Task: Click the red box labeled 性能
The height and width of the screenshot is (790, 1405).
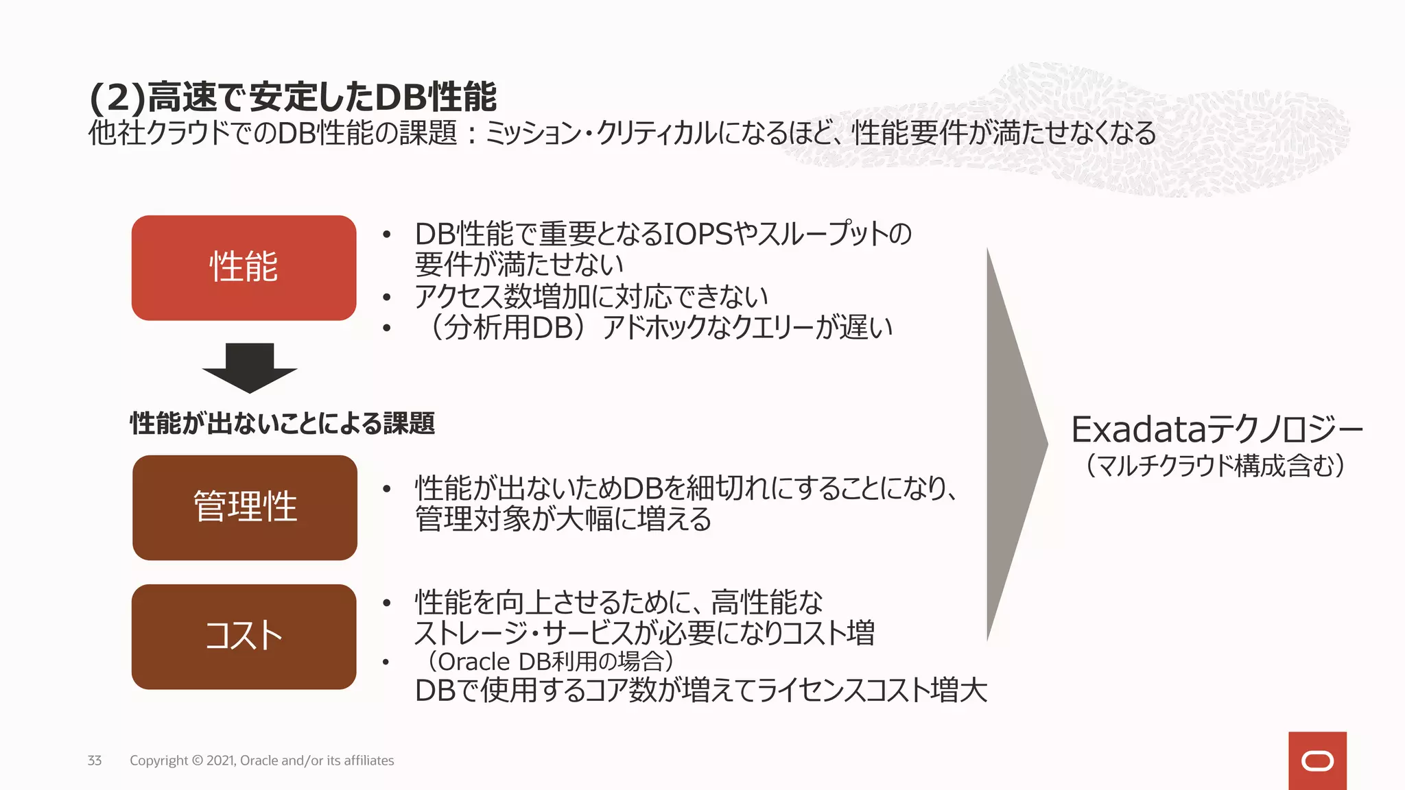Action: click(x=244, y=267)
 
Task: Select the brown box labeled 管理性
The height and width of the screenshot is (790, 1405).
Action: click(x=244, y=507)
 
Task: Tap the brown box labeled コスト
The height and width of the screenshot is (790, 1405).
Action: click(x=244, y=636)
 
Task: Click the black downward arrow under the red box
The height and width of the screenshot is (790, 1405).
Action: click(x=250, y=368)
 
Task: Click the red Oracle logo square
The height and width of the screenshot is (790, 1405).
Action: click(x=1317, y=761)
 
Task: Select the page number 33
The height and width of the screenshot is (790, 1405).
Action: click(x=95, y=761)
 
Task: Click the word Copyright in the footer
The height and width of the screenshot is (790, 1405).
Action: click(x=158, y=761)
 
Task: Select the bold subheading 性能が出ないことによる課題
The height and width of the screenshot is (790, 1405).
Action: click(x=282, y=423)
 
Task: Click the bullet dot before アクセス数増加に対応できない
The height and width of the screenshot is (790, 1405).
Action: click(x=387, y=298)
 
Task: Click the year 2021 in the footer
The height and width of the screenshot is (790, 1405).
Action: click(x=220, y=761)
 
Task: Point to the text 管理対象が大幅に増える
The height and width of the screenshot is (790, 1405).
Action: click(x=563, y=519)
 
